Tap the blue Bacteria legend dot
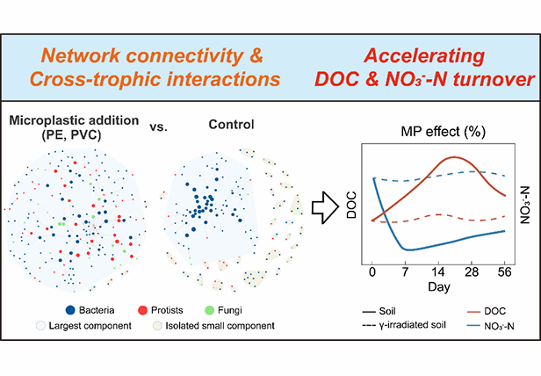coord(69,309)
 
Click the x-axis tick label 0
coord(372,272)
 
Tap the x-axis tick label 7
coord(405,272)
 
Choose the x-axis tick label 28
coord(472,272)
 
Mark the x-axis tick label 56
coord(505,272)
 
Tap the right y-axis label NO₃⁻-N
coord(525,211)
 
